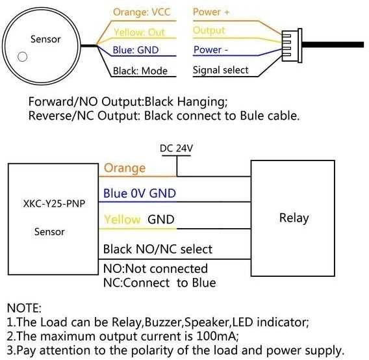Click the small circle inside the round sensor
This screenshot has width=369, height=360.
[22, 57]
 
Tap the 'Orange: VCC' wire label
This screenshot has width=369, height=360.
[142, 12]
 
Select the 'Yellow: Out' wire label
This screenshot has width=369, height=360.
[139, 32]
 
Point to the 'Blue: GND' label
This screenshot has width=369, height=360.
[136, 50]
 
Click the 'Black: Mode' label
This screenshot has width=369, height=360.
[140, 71]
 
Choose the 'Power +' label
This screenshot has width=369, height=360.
[211, 12]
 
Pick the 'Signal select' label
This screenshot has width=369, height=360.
[220, 70]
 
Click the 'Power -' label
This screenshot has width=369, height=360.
[210, 49]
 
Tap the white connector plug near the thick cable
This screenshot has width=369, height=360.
[292, 45]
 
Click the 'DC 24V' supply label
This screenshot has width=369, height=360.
[176, 148]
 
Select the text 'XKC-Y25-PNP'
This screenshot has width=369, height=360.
[54, 203]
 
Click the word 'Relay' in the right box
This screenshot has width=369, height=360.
[294, 218]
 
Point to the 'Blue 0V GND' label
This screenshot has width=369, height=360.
[140, 193]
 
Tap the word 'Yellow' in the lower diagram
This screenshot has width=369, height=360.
[122, 220]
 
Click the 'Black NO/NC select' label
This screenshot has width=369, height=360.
[158, 249]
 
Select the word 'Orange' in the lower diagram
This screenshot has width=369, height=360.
[125, 168]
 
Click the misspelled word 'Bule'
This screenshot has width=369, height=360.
[252, 116]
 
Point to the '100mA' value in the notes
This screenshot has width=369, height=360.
[216, 336]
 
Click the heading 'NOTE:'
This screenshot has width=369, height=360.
[24, 308]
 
